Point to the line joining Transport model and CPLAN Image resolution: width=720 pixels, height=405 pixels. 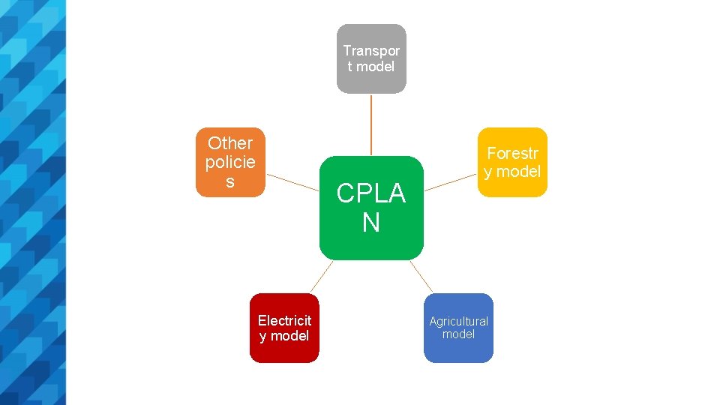tap(371, 124)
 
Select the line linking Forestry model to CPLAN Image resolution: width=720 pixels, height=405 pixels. tap(451, 183)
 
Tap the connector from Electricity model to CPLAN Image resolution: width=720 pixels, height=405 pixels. tap(320, 276)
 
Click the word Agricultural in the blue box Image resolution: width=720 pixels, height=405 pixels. tap(458, 321)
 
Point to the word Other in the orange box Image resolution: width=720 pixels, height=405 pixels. tap(230, 142)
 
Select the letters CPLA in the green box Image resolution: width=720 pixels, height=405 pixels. tap(371, 193)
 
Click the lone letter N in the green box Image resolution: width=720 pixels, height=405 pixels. tap(371, 223)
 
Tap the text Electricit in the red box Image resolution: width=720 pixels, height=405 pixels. tap(284, 321)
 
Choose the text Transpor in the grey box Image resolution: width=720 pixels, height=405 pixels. tap(371, 50)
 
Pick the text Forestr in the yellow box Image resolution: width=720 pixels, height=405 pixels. tap(512, 153)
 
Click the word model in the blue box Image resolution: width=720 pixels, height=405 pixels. tap(458, 334)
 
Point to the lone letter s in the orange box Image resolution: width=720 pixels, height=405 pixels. tap(230, 181)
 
